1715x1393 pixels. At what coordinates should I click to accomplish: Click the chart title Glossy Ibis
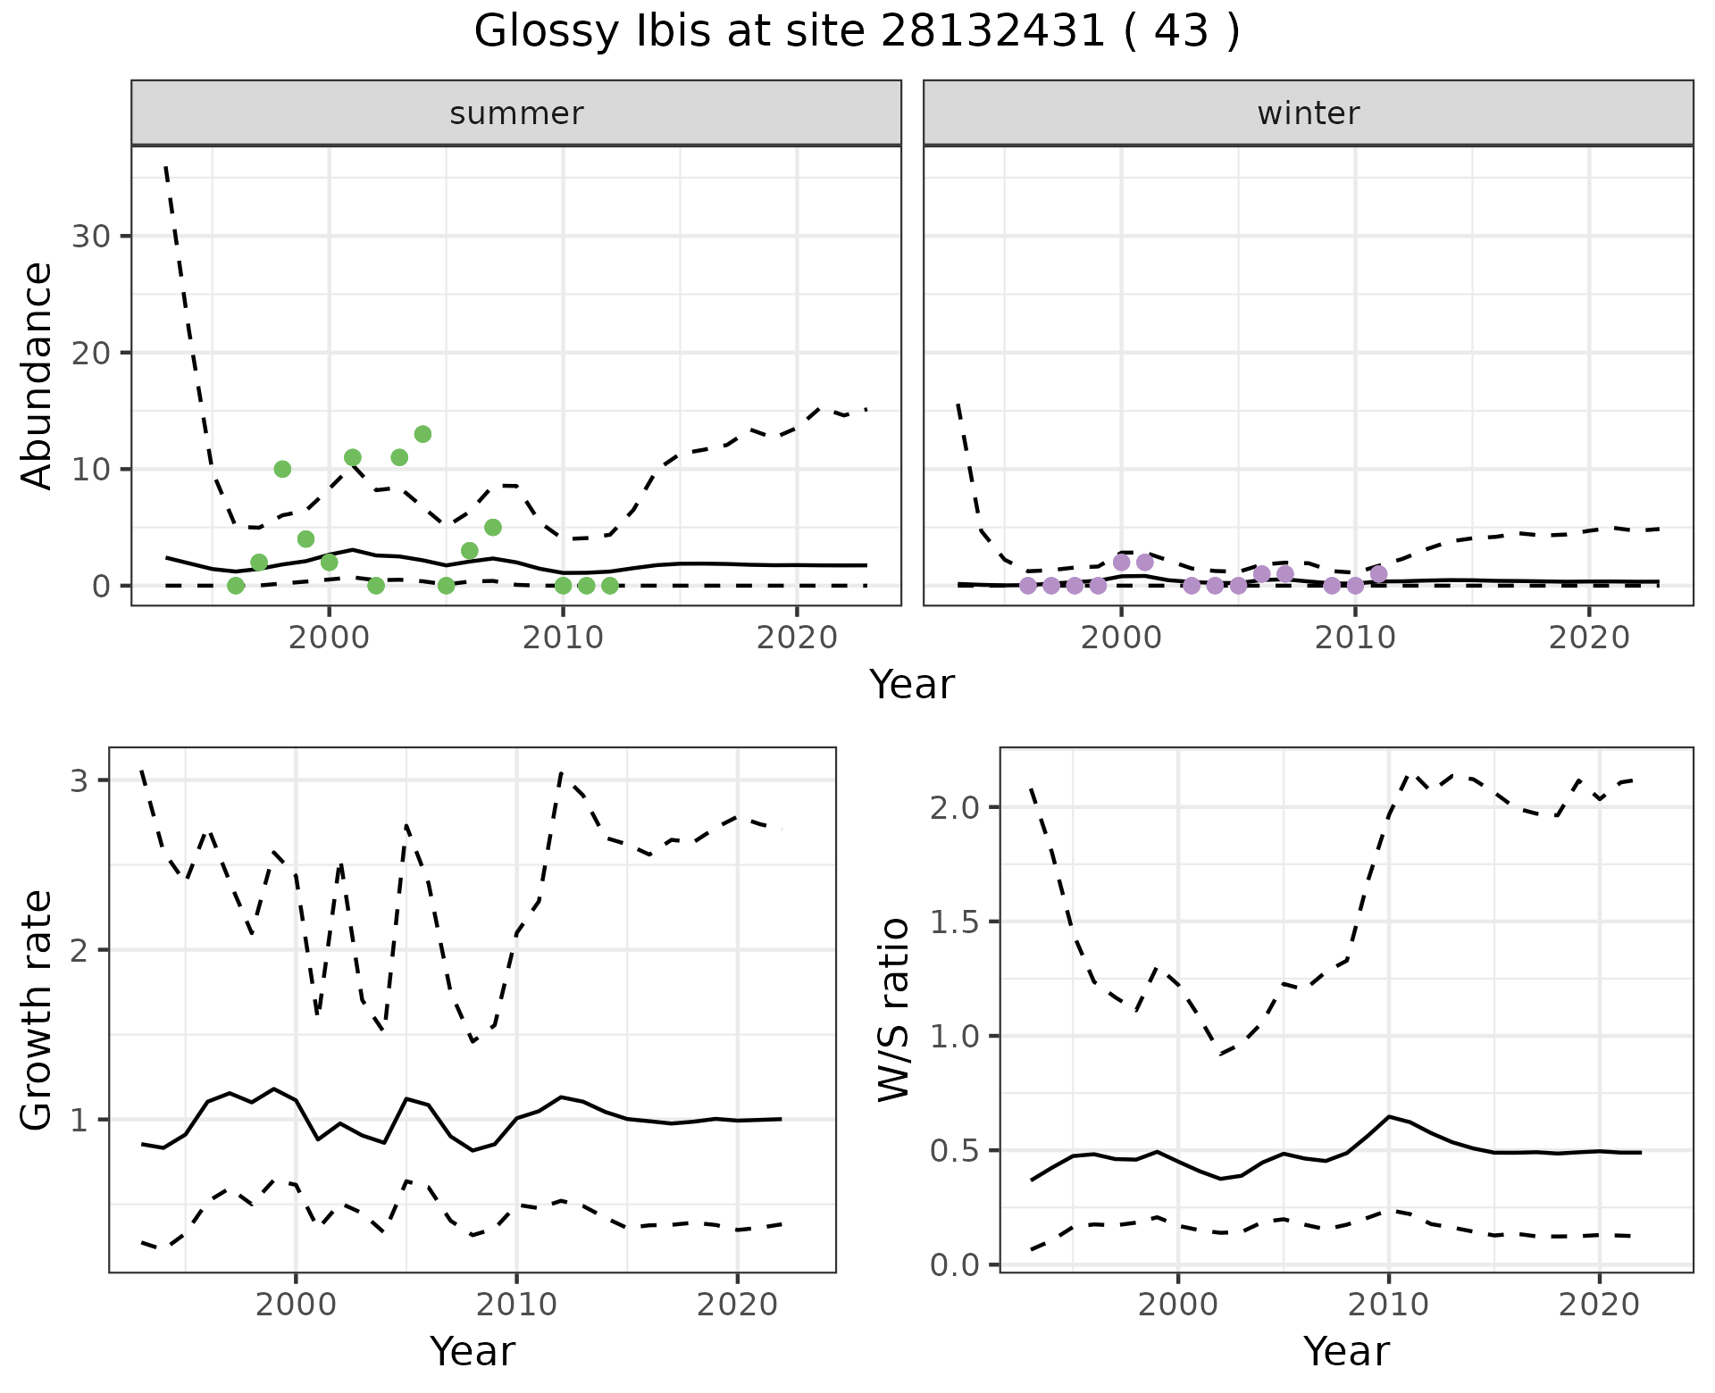[857, 32]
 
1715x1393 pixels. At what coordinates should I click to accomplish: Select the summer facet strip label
[516, 113]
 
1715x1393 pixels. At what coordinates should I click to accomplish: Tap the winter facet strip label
[1308, 113]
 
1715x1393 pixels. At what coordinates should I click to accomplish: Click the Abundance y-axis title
[38, 375]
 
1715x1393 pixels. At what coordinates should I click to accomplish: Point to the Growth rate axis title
[38, 1010]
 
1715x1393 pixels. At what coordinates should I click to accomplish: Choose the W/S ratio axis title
[894, 1010]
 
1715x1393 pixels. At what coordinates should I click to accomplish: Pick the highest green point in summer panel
[423, 434]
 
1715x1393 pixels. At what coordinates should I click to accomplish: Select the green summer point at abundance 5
[493, 527]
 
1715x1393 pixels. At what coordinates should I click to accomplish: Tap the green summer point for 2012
[610, 586]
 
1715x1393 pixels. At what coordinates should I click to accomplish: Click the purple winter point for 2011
[1379, 573]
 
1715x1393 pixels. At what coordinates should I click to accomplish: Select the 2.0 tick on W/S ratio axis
[956, 807]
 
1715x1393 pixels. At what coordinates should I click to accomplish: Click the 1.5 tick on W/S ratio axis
[956, 922]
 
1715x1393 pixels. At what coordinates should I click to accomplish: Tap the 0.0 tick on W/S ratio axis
[956, 1265]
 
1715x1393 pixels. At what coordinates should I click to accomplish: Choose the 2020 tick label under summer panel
[797, 638]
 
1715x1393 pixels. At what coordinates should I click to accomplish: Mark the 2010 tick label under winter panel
[1355, 638]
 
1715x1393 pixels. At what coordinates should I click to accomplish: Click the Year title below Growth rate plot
[473, 1351]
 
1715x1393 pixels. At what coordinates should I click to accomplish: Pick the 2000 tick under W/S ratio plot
[1178, 1305]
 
